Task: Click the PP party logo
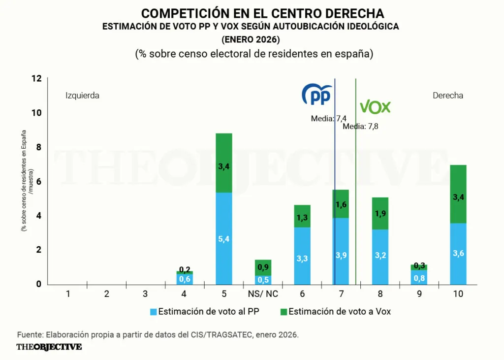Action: point(316,95)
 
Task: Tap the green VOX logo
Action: point(375,107)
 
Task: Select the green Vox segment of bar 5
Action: point(224,163)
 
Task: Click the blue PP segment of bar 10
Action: point(458,254)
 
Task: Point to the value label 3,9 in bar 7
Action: point(341,255)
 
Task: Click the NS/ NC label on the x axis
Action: point(263,294)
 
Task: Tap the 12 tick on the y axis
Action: point(36,79)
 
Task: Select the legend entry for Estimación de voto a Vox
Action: point(334,311)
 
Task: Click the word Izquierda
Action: point(82,96)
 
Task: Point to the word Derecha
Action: point(448,96)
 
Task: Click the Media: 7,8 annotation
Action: point(360,126)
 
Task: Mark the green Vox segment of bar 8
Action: point(380,213)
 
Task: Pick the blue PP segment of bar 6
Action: point(302,256)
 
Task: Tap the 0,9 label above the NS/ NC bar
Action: point(263,267)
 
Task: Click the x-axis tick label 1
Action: point(68,294)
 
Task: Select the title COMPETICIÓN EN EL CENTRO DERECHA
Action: point(262,13)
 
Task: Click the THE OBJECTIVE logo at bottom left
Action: point(49,347)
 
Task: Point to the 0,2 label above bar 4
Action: point(185,269)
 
